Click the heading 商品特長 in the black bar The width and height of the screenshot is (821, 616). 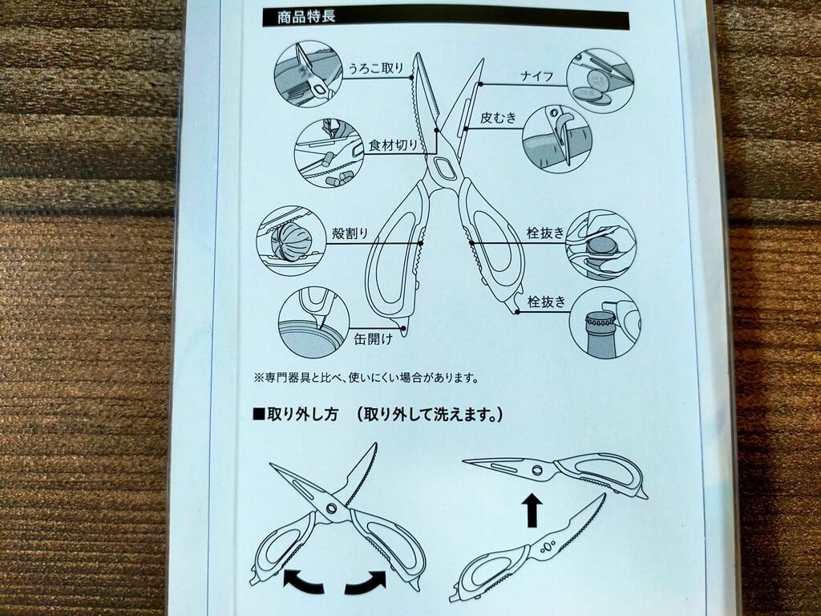(306, 16)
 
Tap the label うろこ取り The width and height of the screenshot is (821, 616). (377, 67)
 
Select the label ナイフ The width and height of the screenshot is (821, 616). (536, 76)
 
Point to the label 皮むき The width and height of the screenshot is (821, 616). (499, 117)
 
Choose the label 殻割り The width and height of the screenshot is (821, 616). (350, 233)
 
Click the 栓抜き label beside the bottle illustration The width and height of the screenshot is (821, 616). (547, 302)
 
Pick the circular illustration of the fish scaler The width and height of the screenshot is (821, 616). (309, 75)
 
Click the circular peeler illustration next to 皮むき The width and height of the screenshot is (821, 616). (557, 139)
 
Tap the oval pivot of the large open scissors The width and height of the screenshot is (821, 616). (444, 168)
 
